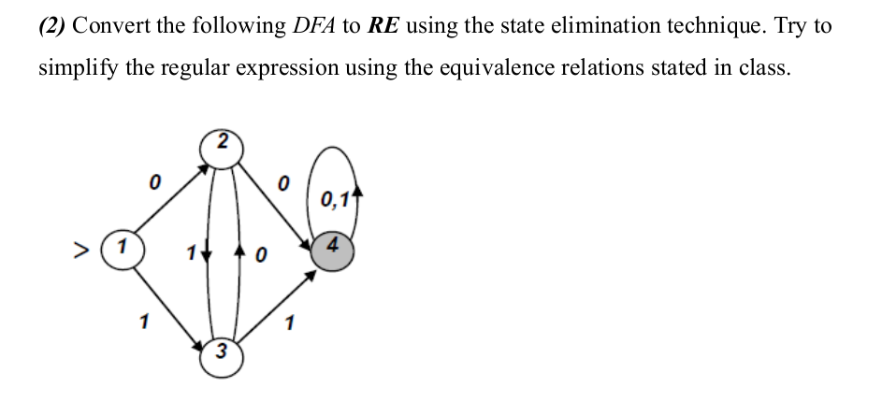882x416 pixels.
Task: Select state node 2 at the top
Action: [221, 145]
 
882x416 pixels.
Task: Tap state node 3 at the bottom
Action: [221, 353]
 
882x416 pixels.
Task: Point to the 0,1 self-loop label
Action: [335, 198]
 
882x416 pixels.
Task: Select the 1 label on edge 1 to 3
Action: [143, 322]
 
